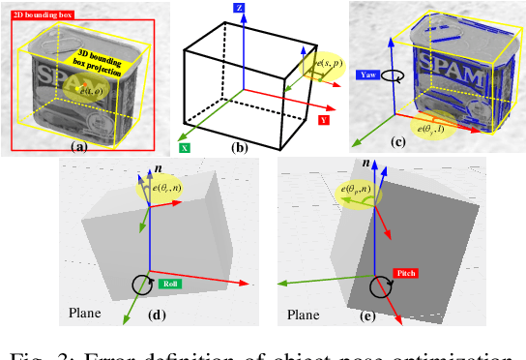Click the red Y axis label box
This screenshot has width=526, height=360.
324,120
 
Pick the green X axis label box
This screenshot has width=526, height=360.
184,149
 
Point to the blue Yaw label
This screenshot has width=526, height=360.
366,74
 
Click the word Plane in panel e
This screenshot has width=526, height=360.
304,315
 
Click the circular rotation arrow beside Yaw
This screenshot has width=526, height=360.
391,73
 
